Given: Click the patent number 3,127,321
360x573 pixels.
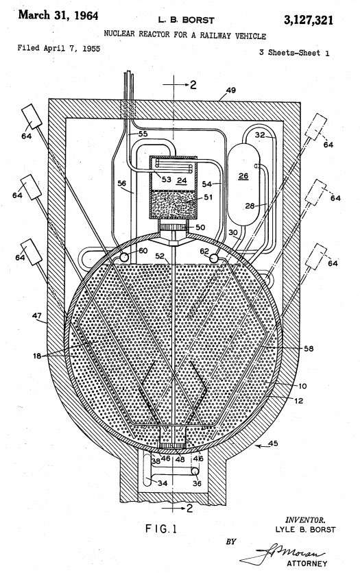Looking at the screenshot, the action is [309, 20].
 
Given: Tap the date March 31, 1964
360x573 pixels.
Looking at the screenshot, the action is [58, 15].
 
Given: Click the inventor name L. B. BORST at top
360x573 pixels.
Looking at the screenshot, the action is [186, 20].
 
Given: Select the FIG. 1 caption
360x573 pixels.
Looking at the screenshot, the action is [161, 528].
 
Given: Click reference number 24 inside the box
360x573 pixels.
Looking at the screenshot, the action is [182, 180].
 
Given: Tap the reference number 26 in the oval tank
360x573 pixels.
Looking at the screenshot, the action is [243, 176].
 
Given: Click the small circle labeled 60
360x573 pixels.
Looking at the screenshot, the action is [124, 257].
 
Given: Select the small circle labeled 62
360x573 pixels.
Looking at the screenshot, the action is [213, 258].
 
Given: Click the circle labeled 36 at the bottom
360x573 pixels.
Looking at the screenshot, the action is [195, 472].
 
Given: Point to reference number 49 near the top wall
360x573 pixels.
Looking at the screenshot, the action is [231, 90].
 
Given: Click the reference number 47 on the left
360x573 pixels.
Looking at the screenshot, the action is [37, 315].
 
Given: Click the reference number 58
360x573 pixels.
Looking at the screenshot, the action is [309, 348].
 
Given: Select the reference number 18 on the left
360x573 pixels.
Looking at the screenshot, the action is [37, 355].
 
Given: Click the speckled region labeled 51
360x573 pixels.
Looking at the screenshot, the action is [173, 204].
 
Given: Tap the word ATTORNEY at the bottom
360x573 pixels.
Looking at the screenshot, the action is [307, 563].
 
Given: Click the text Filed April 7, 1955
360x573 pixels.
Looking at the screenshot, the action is [59, 48].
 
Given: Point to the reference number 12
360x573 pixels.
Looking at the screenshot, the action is [298, 400].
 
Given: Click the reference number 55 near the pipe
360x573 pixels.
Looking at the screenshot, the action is [143, 134].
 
